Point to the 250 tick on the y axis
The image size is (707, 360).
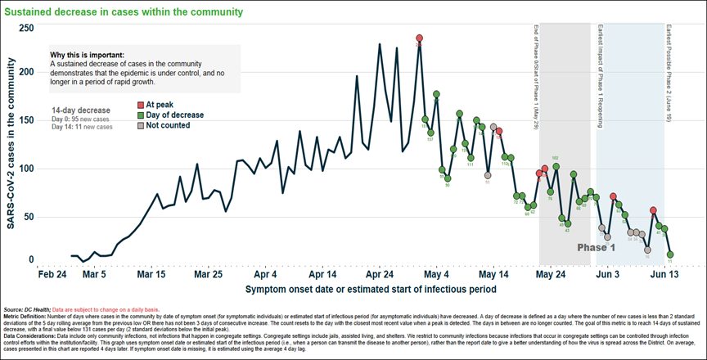point(26,28)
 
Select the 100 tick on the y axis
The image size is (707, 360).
point(26,169)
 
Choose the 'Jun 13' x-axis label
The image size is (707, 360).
point(664,275)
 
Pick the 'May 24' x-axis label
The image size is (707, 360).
point(551,275)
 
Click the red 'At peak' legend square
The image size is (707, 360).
point(140,106)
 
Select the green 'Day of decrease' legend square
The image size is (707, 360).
point(140,115)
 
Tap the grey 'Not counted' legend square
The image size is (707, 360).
point(140,126)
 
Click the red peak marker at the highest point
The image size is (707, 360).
point(419,38)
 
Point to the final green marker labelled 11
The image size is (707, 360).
point(670,254)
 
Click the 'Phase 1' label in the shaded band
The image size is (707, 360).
point(596,246)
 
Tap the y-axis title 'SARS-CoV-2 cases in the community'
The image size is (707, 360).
point(12,147)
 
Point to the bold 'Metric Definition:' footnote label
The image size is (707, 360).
point(25,309)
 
